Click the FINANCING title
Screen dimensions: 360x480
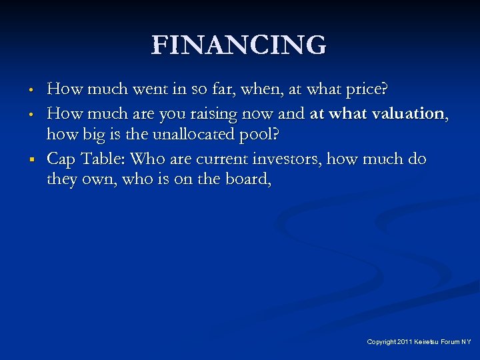click(x=239, y=46)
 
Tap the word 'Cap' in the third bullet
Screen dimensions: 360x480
click(x=62, y=159)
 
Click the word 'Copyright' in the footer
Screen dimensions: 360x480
click(x=381, y=342)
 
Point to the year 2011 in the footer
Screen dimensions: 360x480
click(x=405, y=342)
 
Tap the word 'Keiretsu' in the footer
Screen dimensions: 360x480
click(x=427, y=342)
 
